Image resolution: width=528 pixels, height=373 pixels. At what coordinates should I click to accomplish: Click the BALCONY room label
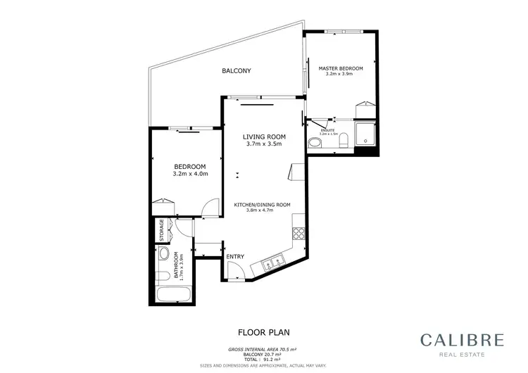pyautogui.click(x=237, y=71)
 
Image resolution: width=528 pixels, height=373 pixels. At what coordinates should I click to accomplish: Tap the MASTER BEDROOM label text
pyautogui.click(x=341, y=68)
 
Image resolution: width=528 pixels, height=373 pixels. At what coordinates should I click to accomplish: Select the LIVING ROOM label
pyautogui.click(x=264, y=137)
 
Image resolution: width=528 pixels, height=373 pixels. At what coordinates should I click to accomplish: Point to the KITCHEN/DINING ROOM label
pyautogui.click(x=263, y=205)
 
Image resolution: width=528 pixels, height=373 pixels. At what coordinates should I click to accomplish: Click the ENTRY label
pyautogui.click(x=235, y=256)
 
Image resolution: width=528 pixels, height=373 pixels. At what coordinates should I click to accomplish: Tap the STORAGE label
pyautogui.click(x=162, y=229)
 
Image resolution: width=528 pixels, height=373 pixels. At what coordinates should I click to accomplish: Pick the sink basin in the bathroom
pyautogui.click(x=163, y=254)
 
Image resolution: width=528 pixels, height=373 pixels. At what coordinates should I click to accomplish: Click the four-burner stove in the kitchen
pyautogui.click(x=298, y=234)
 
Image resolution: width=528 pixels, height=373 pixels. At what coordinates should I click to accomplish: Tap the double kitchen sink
pyautogui.click(x=271, y=265)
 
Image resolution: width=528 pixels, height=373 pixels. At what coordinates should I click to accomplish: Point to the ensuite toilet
pyautogui.click(x=342, y=142)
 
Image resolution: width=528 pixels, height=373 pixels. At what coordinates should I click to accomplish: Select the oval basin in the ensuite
pyautogui.click(x=315, y=143)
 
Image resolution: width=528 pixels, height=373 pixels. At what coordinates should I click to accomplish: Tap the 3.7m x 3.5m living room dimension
pyautogui.click(x=264, y=144)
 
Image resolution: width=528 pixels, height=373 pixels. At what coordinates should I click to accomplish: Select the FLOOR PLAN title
pyautogui.click(x=263, y=331)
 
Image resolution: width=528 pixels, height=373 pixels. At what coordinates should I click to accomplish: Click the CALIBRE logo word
pyautogui.click(x=463, y=340)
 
